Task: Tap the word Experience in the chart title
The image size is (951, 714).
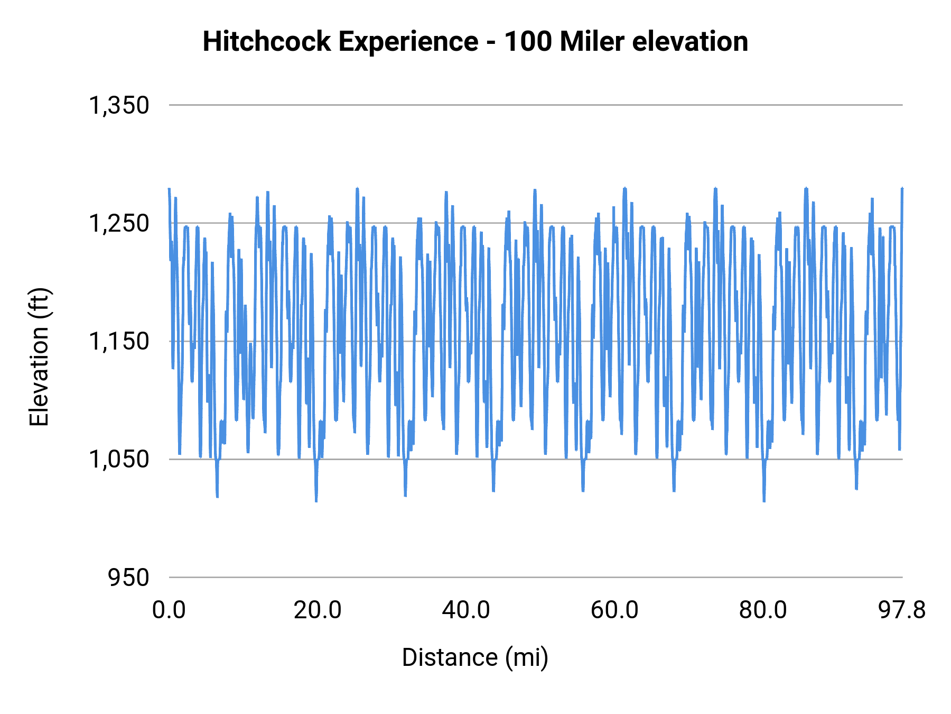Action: (408, 41)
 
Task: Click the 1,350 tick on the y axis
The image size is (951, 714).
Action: (119, 105)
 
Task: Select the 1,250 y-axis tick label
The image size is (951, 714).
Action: (119, 223)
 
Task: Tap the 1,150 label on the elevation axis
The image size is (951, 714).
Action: (119, 341)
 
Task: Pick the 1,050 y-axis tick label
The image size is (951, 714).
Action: (119, 459)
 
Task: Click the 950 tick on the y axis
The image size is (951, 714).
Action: (128, 577)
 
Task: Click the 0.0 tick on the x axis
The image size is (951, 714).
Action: (169, 610)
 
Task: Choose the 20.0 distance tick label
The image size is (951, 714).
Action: (318, 610)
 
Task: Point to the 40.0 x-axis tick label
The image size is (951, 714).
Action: (466, 610)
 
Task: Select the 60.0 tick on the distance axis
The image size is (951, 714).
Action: (614, 610)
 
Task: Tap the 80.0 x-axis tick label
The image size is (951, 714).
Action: (763, 610)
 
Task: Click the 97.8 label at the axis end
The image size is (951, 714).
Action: (902, 610)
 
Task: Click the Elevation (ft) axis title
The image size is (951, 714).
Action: (39, 357)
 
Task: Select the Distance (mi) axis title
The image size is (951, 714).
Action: (475, 657)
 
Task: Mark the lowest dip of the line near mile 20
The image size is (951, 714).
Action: (316, 500)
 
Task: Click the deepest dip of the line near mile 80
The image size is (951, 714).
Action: (764, 500)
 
